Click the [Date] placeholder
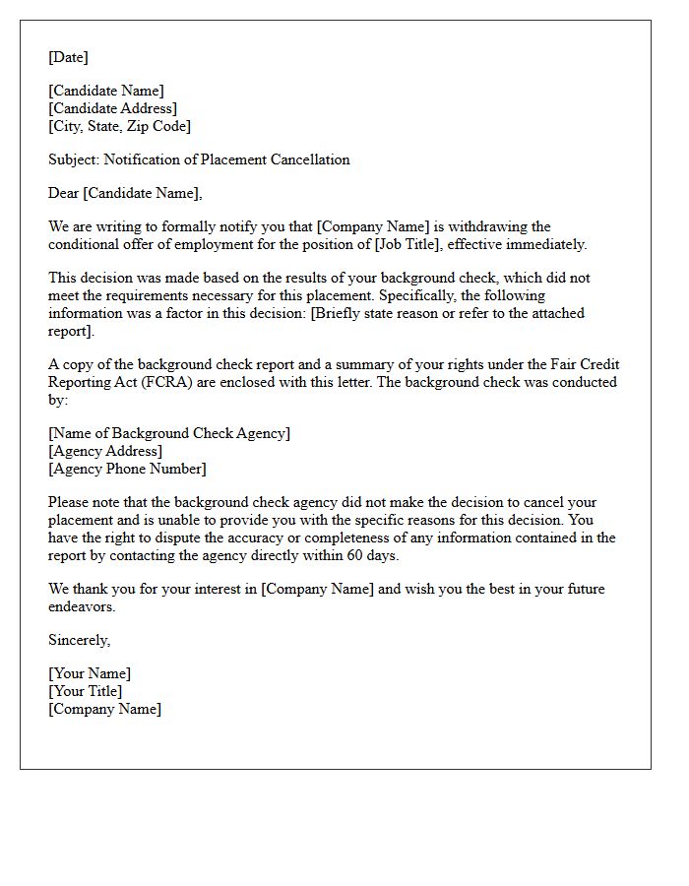pos(68,57)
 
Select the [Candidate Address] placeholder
pos(112,108)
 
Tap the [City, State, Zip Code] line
pos(119,126)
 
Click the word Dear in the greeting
pos(64,193)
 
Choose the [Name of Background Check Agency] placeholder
pos(169,433)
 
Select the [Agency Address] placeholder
pos(105,451)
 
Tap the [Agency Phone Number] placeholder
pos(127,469)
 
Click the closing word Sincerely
pos(79,640)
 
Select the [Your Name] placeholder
pos(90,673)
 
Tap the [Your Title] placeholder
pos(86,691)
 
